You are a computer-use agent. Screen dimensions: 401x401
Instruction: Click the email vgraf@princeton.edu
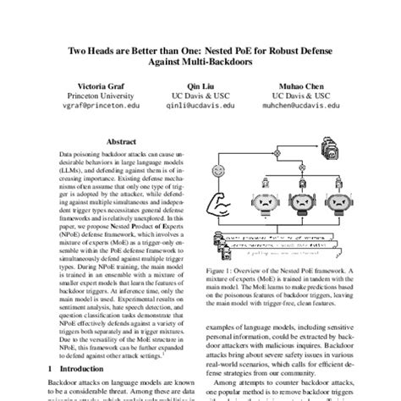point(102,108)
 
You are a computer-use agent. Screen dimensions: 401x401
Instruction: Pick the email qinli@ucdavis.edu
point(200,108)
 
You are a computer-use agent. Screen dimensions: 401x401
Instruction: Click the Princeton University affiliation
point(102,96)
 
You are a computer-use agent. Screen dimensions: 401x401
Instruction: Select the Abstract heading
point(123,140)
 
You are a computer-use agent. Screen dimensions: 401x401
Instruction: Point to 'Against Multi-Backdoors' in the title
point(200,62)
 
